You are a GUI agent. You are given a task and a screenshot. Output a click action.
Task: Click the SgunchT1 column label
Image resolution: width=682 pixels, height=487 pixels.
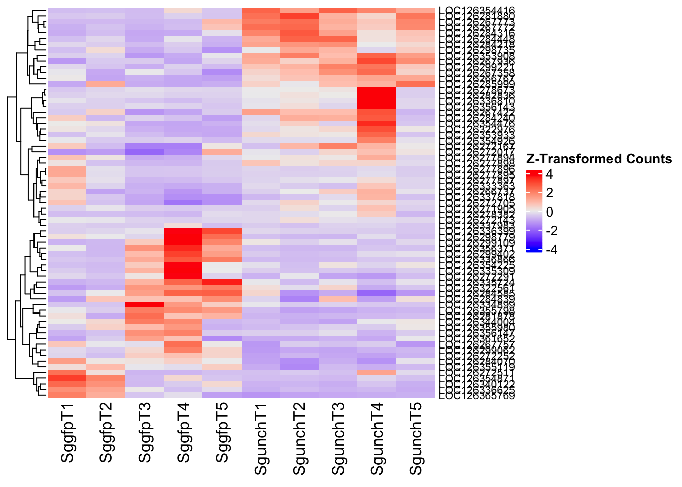coord(261,438)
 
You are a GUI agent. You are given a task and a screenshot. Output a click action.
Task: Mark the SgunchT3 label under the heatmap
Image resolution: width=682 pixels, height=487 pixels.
coord(339,438)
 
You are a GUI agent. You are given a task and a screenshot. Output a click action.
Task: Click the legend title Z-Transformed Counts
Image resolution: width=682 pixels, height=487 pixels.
coord(599,159)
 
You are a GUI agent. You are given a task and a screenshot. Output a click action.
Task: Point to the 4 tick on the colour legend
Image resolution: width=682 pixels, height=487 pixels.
coord(549,175)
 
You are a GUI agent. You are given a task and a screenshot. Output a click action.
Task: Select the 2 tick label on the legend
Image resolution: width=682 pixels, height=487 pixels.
coord(549,193)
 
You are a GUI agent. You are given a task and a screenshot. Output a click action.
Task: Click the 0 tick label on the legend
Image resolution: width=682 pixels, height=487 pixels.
coord(549,212)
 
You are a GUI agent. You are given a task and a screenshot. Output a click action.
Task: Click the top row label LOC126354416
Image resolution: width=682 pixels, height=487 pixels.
coord(477,10)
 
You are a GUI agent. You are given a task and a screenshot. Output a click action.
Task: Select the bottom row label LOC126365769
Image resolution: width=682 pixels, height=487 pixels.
coord(477,395)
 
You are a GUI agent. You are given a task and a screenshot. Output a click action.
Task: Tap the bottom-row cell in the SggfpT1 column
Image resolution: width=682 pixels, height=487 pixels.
coord(67,395)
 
